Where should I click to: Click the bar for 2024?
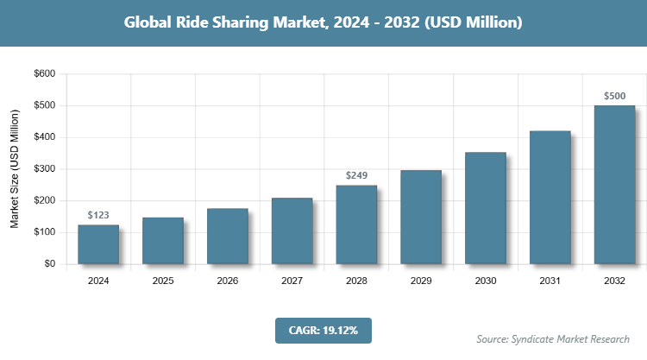[x=98, y=244]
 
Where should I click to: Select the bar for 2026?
[x=227, y=236]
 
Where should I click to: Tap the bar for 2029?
[x=421, y=217]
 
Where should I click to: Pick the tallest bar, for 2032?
[x=614, y=185]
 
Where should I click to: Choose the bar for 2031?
[x=550, y=198]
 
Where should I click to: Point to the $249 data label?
[x=356, y=175]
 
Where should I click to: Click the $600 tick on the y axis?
[x=44, y=74]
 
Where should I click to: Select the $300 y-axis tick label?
[x=44, y=169]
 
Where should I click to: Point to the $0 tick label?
[x=48, y=264]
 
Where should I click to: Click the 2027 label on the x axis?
[x=292, y=281]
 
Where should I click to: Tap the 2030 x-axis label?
[x=485, y=281]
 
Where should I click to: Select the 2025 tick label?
[x=163, y=281]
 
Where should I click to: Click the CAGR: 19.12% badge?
[x=323, y=330]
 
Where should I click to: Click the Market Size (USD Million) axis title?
[x=15, y=169]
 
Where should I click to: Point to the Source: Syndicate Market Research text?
[x=553, y=338]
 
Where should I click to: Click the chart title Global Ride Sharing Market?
[x=323, y=22]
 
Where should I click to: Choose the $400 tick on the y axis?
[x=44, y=137]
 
